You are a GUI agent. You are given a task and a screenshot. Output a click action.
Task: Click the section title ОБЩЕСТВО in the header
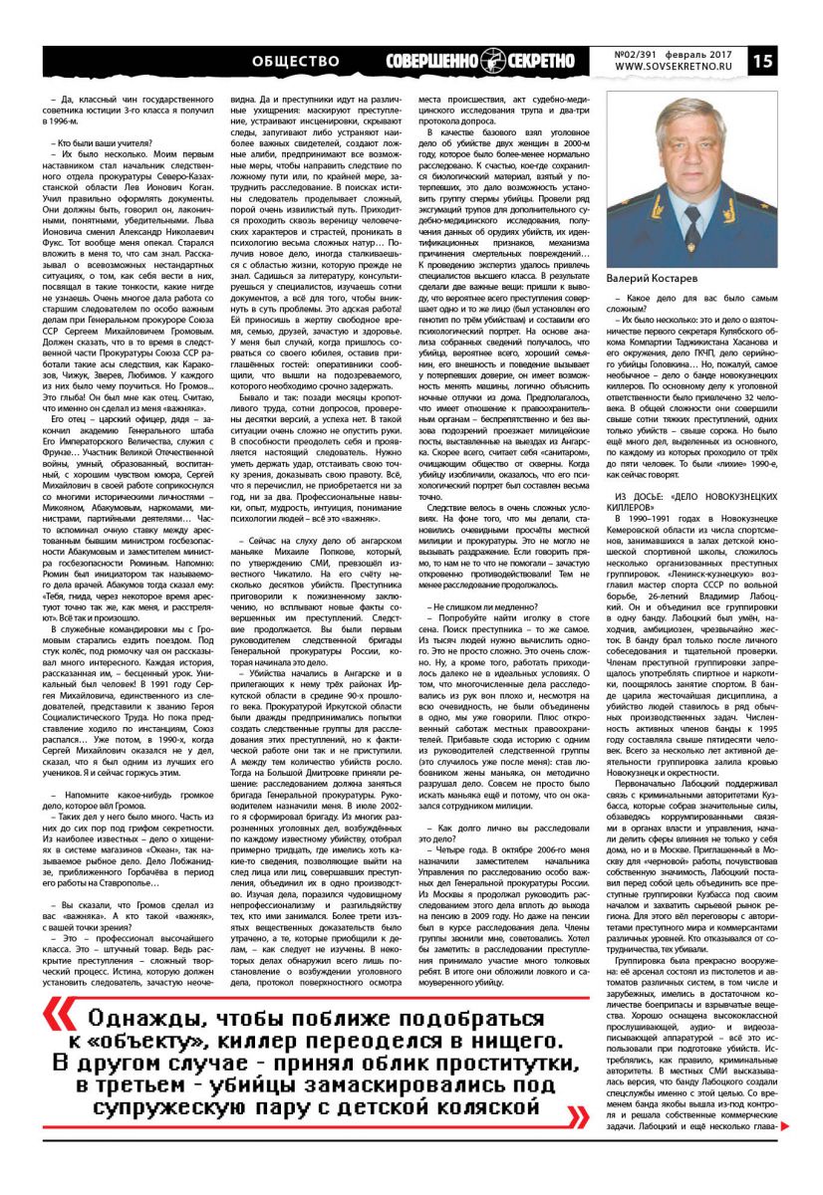[x=296, y=62]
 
